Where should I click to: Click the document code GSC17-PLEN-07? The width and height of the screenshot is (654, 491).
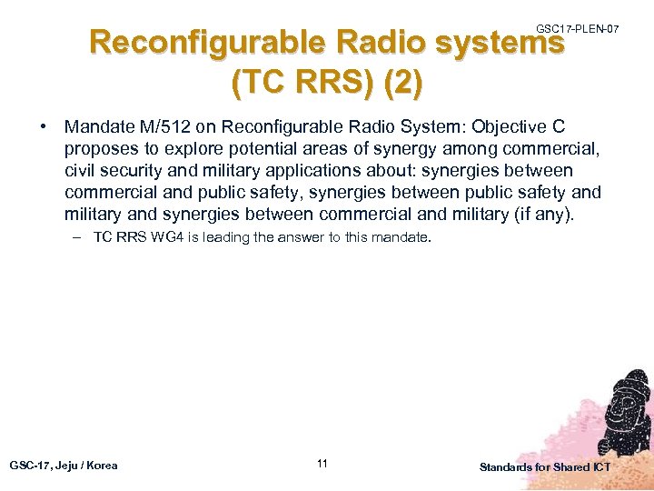[578, 29]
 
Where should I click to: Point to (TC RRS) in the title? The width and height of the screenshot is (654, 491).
[302, 84]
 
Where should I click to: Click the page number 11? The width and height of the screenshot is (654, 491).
[322, 465]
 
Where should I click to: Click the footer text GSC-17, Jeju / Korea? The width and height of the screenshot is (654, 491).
[64, 466]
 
